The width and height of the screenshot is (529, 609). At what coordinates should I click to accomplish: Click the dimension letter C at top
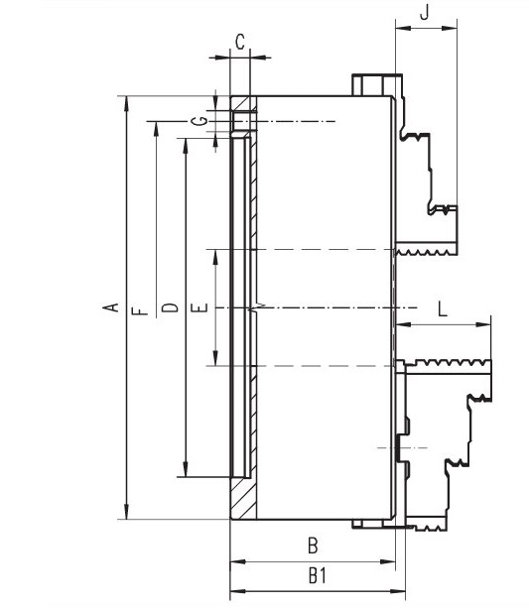(240, 41)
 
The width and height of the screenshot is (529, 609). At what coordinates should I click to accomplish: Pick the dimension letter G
(202, 120)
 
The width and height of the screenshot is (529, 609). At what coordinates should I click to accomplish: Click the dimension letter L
(442, 307)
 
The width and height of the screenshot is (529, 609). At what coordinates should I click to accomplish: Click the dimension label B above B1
(311, 545)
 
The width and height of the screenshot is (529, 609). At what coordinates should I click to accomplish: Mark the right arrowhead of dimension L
(487, 323)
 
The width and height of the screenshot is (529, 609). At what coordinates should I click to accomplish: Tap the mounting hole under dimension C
(241, 122)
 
